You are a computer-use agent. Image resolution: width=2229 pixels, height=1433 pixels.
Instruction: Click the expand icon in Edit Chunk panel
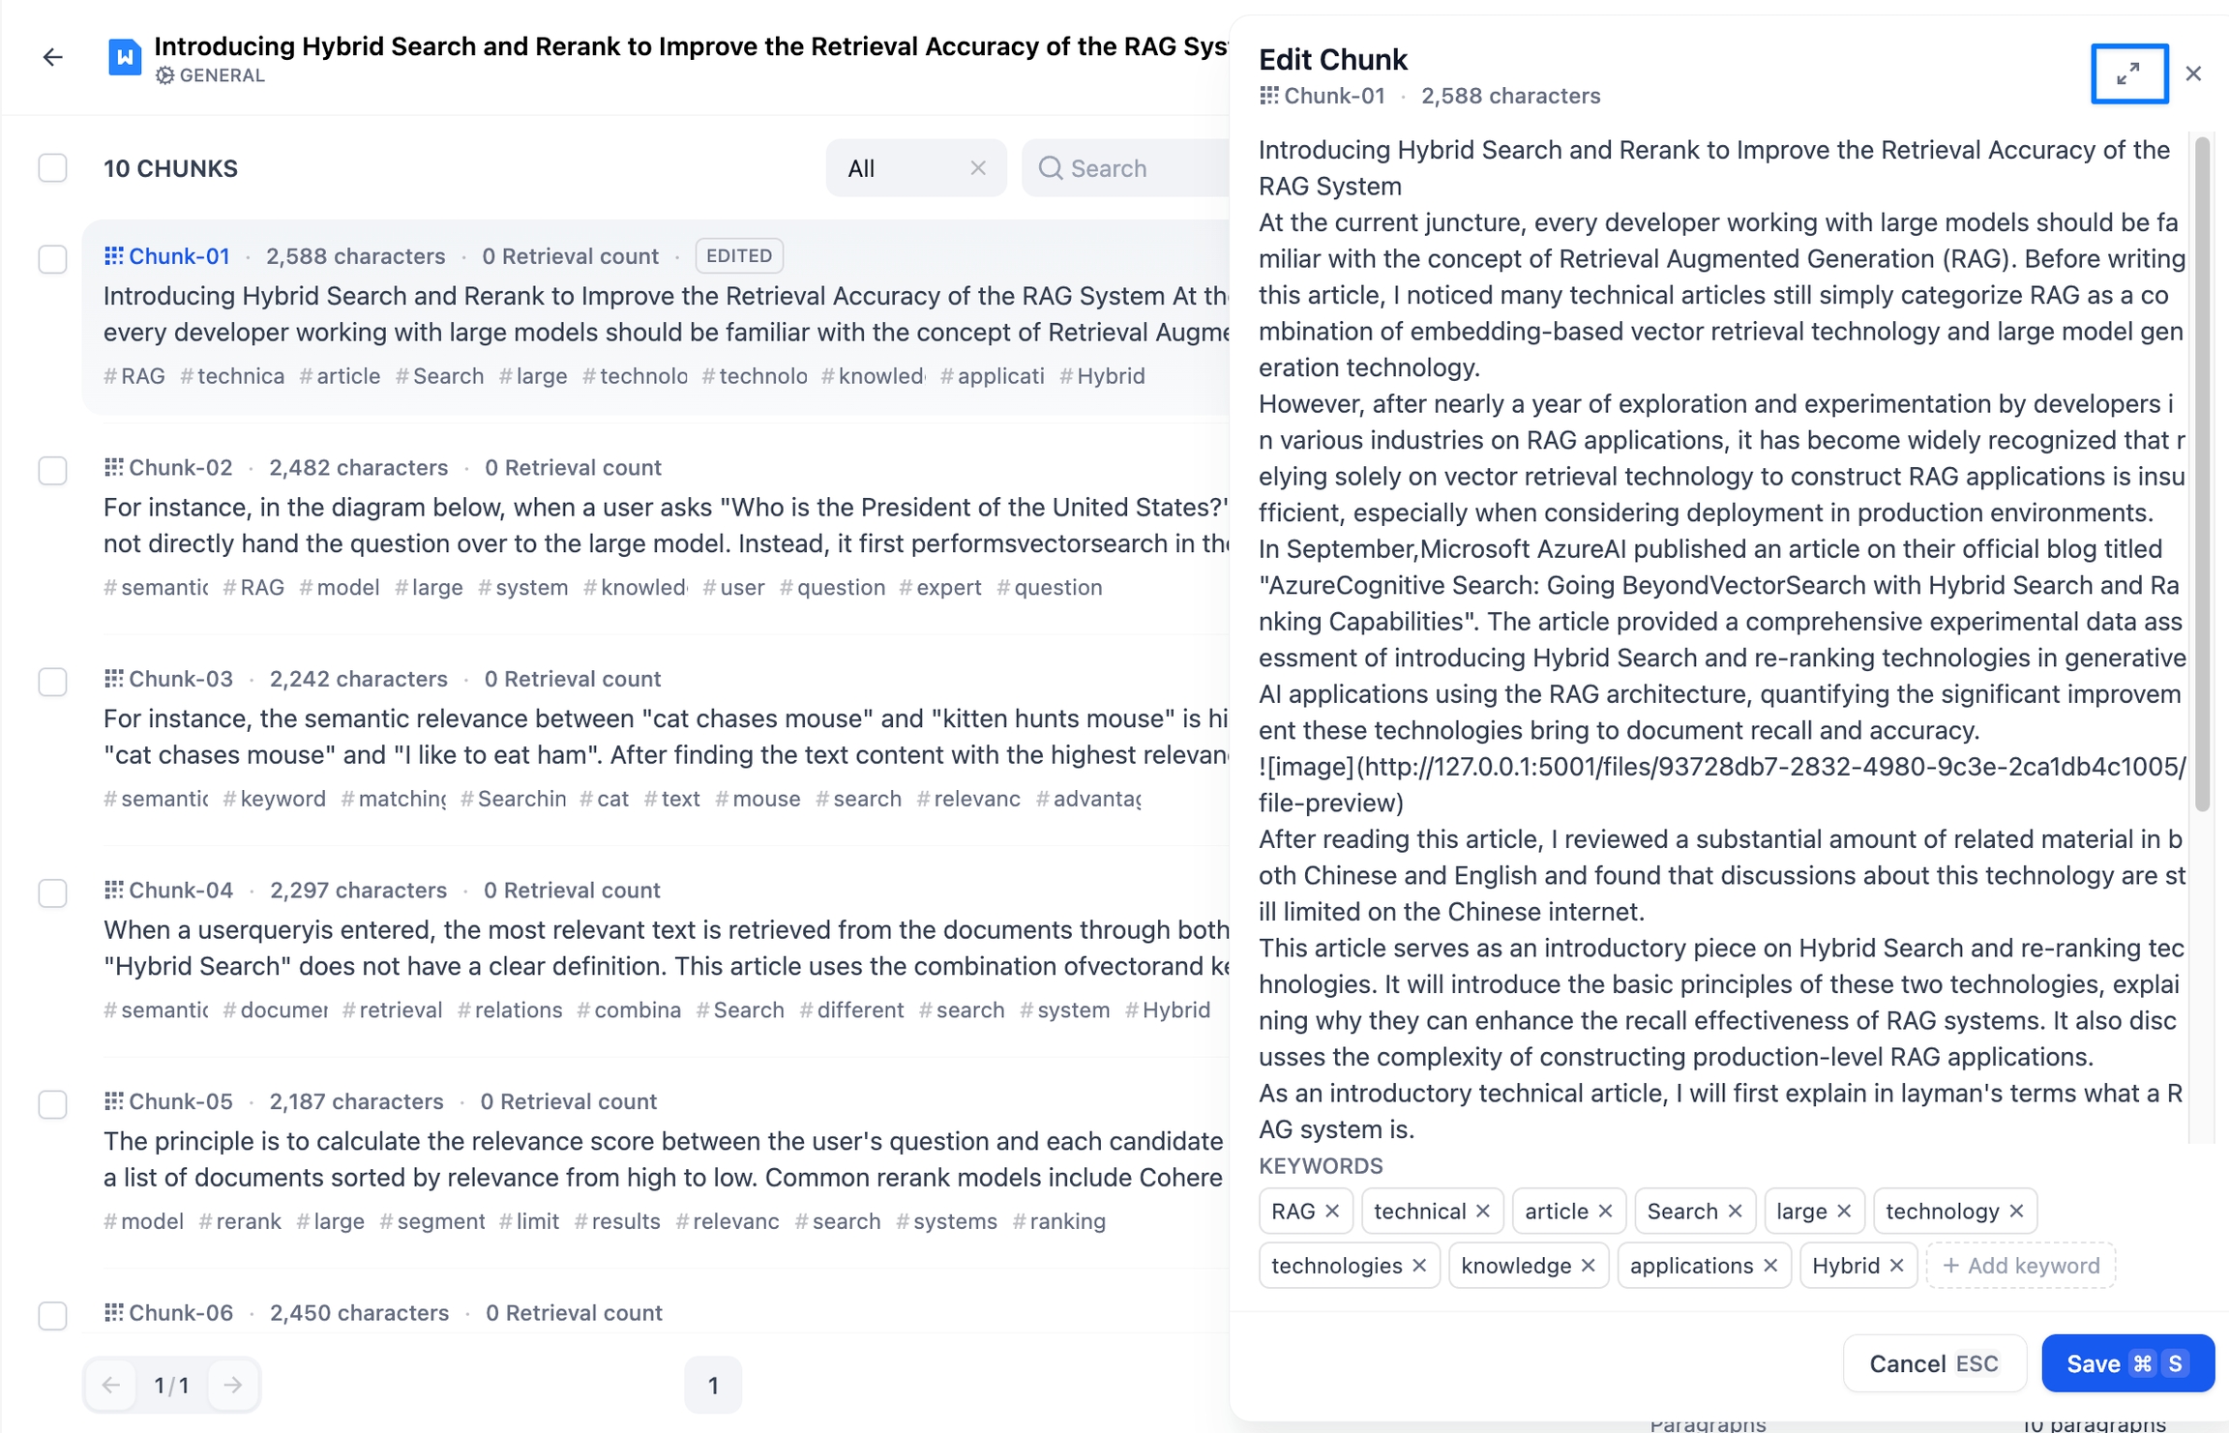point(2128,73)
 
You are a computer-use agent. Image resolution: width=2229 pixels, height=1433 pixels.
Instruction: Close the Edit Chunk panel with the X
point(2193,73)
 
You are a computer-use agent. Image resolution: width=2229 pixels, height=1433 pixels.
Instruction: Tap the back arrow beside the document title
point(53,58)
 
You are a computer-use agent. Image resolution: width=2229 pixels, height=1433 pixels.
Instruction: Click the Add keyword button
point(2020,1266)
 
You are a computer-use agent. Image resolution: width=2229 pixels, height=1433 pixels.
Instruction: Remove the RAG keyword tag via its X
point(1332,1212)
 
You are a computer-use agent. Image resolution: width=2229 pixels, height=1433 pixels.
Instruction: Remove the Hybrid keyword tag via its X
point(1896,1266)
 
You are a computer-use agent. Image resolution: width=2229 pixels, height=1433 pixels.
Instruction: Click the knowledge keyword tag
point(1515,1266)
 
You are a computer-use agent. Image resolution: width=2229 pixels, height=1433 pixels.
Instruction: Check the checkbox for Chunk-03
point(52,682)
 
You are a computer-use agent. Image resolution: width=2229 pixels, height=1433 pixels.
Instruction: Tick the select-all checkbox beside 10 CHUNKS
point(52,168)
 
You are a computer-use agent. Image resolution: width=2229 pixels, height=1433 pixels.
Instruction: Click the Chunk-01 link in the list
point(179,256)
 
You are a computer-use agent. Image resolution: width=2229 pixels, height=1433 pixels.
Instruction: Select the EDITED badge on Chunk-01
point(739,256)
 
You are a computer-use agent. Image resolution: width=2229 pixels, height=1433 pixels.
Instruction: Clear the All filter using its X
point(978,168)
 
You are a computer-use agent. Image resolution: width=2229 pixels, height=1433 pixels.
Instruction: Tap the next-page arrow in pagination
point(232,1385)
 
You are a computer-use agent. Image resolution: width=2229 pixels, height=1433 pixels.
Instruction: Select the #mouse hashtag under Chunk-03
point(758,799)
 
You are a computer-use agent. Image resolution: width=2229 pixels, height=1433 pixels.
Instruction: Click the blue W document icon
point(125,57)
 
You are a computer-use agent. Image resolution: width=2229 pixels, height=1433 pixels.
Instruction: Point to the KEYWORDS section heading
point(1321,1166)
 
